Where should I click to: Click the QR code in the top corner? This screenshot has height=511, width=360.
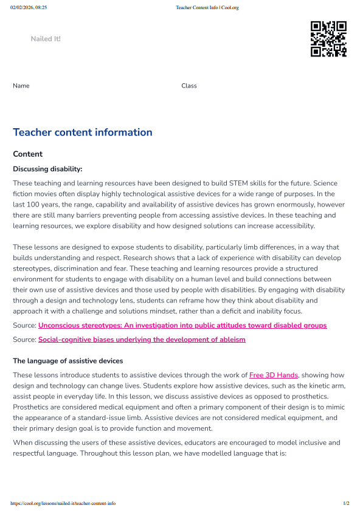pyautogui.click(x=328, y=39)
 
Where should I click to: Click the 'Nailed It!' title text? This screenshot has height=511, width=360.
pyautogui.click(x=46, y=39)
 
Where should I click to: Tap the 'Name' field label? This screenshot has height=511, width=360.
pyautogui.click(x=21, y=86)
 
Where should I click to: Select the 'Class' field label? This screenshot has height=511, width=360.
pyautogui.click(x=189, y=86)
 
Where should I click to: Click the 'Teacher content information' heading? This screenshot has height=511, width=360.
pyautogui.click(x=83, y=132)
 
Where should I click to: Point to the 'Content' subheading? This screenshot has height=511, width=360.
pyautogui.click(x=28, y=154)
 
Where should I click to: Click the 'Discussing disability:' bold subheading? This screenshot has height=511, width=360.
pyautogui.click(x=47, y=169)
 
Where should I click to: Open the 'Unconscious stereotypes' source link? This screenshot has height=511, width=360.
pyautogui.click(x=182, y=326)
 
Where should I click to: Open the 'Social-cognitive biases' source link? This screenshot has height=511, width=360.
pyautogui.click(x=142, y=340)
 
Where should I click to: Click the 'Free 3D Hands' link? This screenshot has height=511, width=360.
pyautogui.click(x=274, y=376)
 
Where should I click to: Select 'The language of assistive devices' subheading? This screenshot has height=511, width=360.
pyautogui.click(x=68, y=361)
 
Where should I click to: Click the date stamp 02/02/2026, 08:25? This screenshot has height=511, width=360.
pyautogui.click(x=29, y=7)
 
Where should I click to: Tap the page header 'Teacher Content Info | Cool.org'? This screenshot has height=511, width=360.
pyautogui.click(x=207, y=7)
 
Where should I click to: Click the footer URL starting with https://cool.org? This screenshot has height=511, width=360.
pyautogui.click(x=63, y=504)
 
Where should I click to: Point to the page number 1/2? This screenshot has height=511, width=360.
pyautogui.click(x=346, y=504)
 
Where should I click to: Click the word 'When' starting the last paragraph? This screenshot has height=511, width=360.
pyautogui.click(x=22, y=442)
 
